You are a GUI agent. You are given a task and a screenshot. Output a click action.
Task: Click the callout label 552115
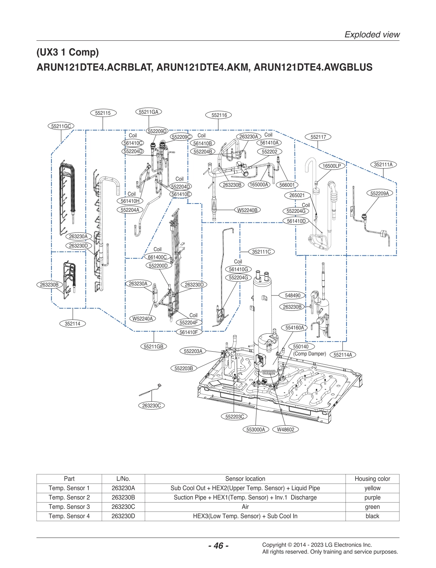pyautogui.click(x=103, y=113)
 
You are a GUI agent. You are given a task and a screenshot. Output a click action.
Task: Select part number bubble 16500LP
pyautogui.click(x=332, y=166)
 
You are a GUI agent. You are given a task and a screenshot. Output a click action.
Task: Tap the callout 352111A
pyautogui.click(x=383, y=165)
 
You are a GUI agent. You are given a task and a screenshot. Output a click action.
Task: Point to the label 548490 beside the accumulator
pyautogui.click(x=293, y=295)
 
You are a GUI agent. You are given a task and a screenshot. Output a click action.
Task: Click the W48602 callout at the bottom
pyautogui.click(x=285, y=430)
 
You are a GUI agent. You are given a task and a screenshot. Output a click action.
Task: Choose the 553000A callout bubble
pyautogui.click(x=256, y=430)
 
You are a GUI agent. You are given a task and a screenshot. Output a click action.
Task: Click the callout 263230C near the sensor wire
pyautogui.click(x=151, y=406)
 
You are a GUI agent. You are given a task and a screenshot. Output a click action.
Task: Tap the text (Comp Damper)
pyautogui.click(x=309, y=354)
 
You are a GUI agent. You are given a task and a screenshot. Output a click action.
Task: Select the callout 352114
pyautogui.click(x=73, y=324)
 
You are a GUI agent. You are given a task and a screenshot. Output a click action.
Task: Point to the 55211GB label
pyautogui.click(x=153, y=347)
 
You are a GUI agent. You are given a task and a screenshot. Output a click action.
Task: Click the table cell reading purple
pyautogui.click(x=372, y=498)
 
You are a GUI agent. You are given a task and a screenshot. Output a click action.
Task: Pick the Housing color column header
pyautogui.click(x=372, y=479)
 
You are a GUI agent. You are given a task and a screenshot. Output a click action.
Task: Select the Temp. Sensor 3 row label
pyautogui.click(x=69, y=507)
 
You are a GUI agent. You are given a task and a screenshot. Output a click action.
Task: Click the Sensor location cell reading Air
pyautogui.click(x=245, y=507)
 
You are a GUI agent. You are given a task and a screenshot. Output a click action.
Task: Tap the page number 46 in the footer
pyautogui.click(x=218, y=545)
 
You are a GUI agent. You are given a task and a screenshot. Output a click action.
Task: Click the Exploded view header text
pyautogui.click(x=372, y=35)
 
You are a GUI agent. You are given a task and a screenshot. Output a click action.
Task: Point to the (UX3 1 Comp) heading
pyautogui.click(x=68, y=52)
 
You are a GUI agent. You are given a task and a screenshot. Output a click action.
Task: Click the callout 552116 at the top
pyautogui.click(x=219, y=115)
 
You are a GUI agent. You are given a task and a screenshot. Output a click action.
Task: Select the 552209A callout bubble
pyautogui.click(x=379, y=194)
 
